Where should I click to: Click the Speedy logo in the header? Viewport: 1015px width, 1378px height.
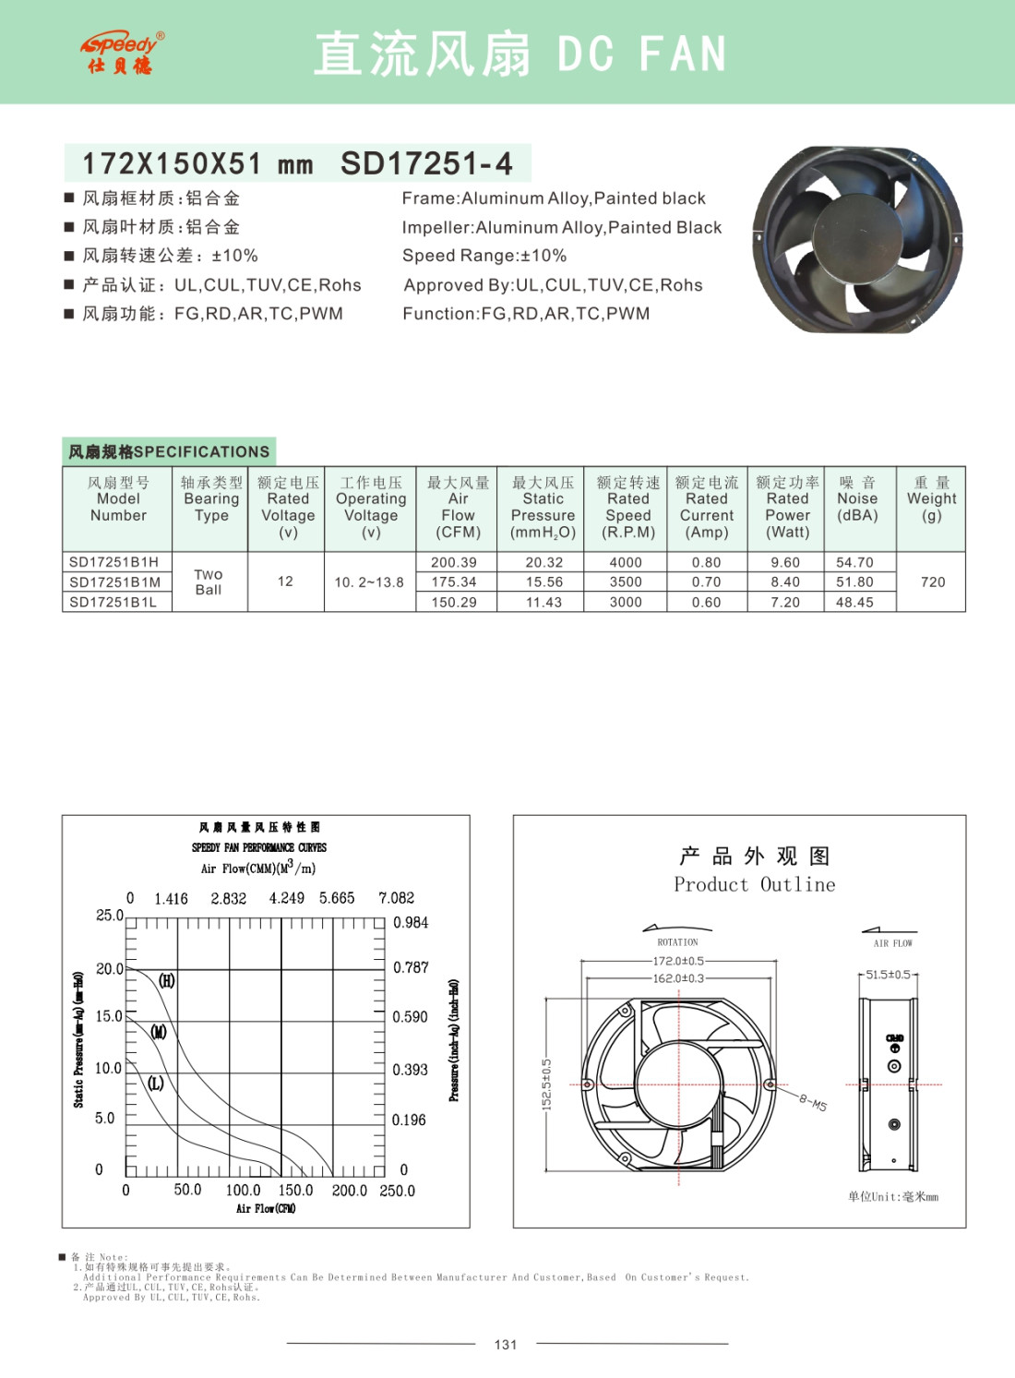122,53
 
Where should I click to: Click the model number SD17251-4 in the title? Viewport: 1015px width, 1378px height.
426,164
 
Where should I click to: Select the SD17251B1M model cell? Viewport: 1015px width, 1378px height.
115,582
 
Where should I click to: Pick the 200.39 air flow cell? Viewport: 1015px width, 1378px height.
454,562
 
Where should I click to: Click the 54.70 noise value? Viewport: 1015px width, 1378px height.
854,562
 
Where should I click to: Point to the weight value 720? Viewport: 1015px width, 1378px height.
933,582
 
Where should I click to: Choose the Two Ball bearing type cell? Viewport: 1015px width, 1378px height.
209,582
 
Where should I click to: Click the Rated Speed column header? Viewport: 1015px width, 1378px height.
628,507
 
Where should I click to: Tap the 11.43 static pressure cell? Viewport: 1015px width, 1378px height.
543,603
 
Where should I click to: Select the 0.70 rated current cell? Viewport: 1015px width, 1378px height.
707,582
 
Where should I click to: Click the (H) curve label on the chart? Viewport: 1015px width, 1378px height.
166,980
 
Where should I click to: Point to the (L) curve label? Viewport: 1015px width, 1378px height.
155,1083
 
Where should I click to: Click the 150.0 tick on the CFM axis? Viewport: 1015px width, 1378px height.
296,1191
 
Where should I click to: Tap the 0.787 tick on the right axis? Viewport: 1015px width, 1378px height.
411,967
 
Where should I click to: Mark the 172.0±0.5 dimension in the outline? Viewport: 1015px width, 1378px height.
678,961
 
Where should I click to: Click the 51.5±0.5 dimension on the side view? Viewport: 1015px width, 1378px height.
888,975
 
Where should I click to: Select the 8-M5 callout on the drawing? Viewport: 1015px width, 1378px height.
813,1102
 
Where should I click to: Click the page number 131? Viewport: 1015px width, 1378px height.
506,1345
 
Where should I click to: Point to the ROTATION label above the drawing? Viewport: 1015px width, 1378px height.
677,942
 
